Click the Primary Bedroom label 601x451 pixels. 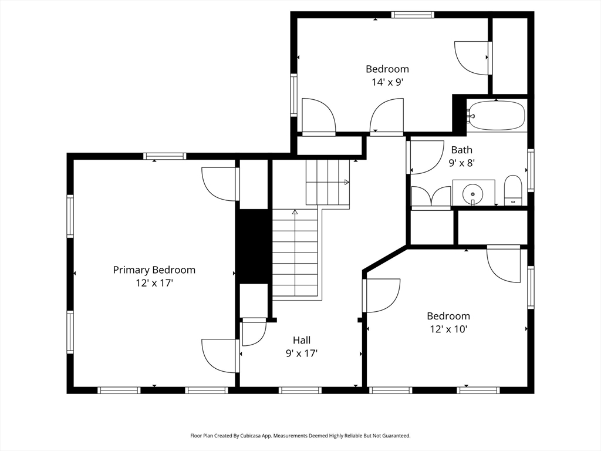point(154,270)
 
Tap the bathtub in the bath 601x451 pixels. point(497,116)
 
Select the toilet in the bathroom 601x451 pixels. point(513,191)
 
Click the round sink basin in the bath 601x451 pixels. point(473,194)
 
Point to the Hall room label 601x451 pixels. point(302,340)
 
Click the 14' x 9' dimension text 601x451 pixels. point(387,82)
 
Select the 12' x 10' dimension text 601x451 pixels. point(448,329)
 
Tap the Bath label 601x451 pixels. point(461,150)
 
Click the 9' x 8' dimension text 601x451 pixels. point(462,163)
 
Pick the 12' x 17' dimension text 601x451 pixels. point(154,283)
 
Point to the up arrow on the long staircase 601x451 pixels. point(295,211)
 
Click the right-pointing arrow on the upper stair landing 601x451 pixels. point(346,182)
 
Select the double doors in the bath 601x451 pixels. point(431,198)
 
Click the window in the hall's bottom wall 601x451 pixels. point(300,390)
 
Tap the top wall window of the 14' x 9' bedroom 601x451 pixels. point(413,15)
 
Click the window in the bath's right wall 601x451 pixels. point(531,170)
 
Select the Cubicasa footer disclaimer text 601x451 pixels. point(300,436)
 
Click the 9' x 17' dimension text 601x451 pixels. point(302,353)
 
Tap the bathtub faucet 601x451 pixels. point(471,116)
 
